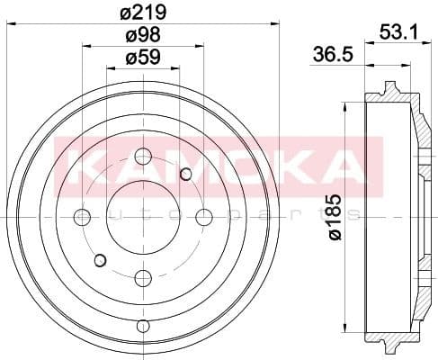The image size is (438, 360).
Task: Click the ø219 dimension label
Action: [143, 12]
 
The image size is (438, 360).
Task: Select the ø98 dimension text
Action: [142, 36]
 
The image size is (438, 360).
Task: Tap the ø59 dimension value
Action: [142, 59]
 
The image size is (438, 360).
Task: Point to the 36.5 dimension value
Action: [331, 53]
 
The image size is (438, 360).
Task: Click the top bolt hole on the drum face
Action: [142, 157]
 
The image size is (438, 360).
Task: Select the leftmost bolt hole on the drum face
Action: [82, 216]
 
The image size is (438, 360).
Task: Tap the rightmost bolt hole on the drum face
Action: [203, 216]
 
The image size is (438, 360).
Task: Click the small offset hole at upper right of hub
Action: [186, 174]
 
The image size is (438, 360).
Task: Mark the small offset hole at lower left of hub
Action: [100, 260]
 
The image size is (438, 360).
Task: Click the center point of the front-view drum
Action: [142, 216]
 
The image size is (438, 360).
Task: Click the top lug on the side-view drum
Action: [389, 89]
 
